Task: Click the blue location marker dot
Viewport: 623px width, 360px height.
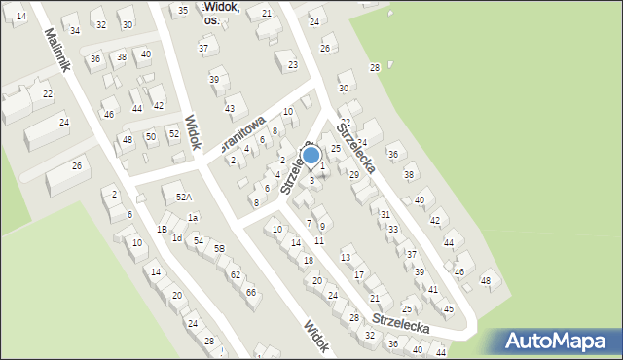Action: click(311, 155)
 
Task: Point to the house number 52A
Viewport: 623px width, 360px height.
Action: click(182, 197)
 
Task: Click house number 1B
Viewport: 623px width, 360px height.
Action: click(162, 230)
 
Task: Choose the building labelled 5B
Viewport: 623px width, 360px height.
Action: click(220, 248)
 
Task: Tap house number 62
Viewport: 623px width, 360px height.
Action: click(235, 274)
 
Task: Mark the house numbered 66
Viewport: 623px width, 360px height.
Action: click(250, 292)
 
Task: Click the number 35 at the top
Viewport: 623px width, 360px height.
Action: click(182, 10)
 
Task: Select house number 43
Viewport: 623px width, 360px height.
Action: click(230, 108)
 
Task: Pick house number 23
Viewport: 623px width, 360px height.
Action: click(292, 65)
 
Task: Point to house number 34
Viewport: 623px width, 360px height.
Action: click(75, 30)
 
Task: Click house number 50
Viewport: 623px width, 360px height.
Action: click(150, 137)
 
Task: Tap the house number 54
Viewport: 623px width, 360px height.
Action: click(198, 240)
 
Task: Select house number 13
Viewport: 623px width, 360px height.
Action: click(346, 258)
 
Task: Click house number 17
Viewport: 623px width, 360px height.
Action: click(359, 275)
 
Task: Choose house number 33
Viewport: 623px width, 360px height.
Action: click(392, 230)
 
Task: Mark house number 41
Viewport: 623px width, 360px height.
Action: click(432, 290)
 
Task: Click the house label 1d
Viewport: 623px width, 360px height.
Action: click(176, 237)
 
